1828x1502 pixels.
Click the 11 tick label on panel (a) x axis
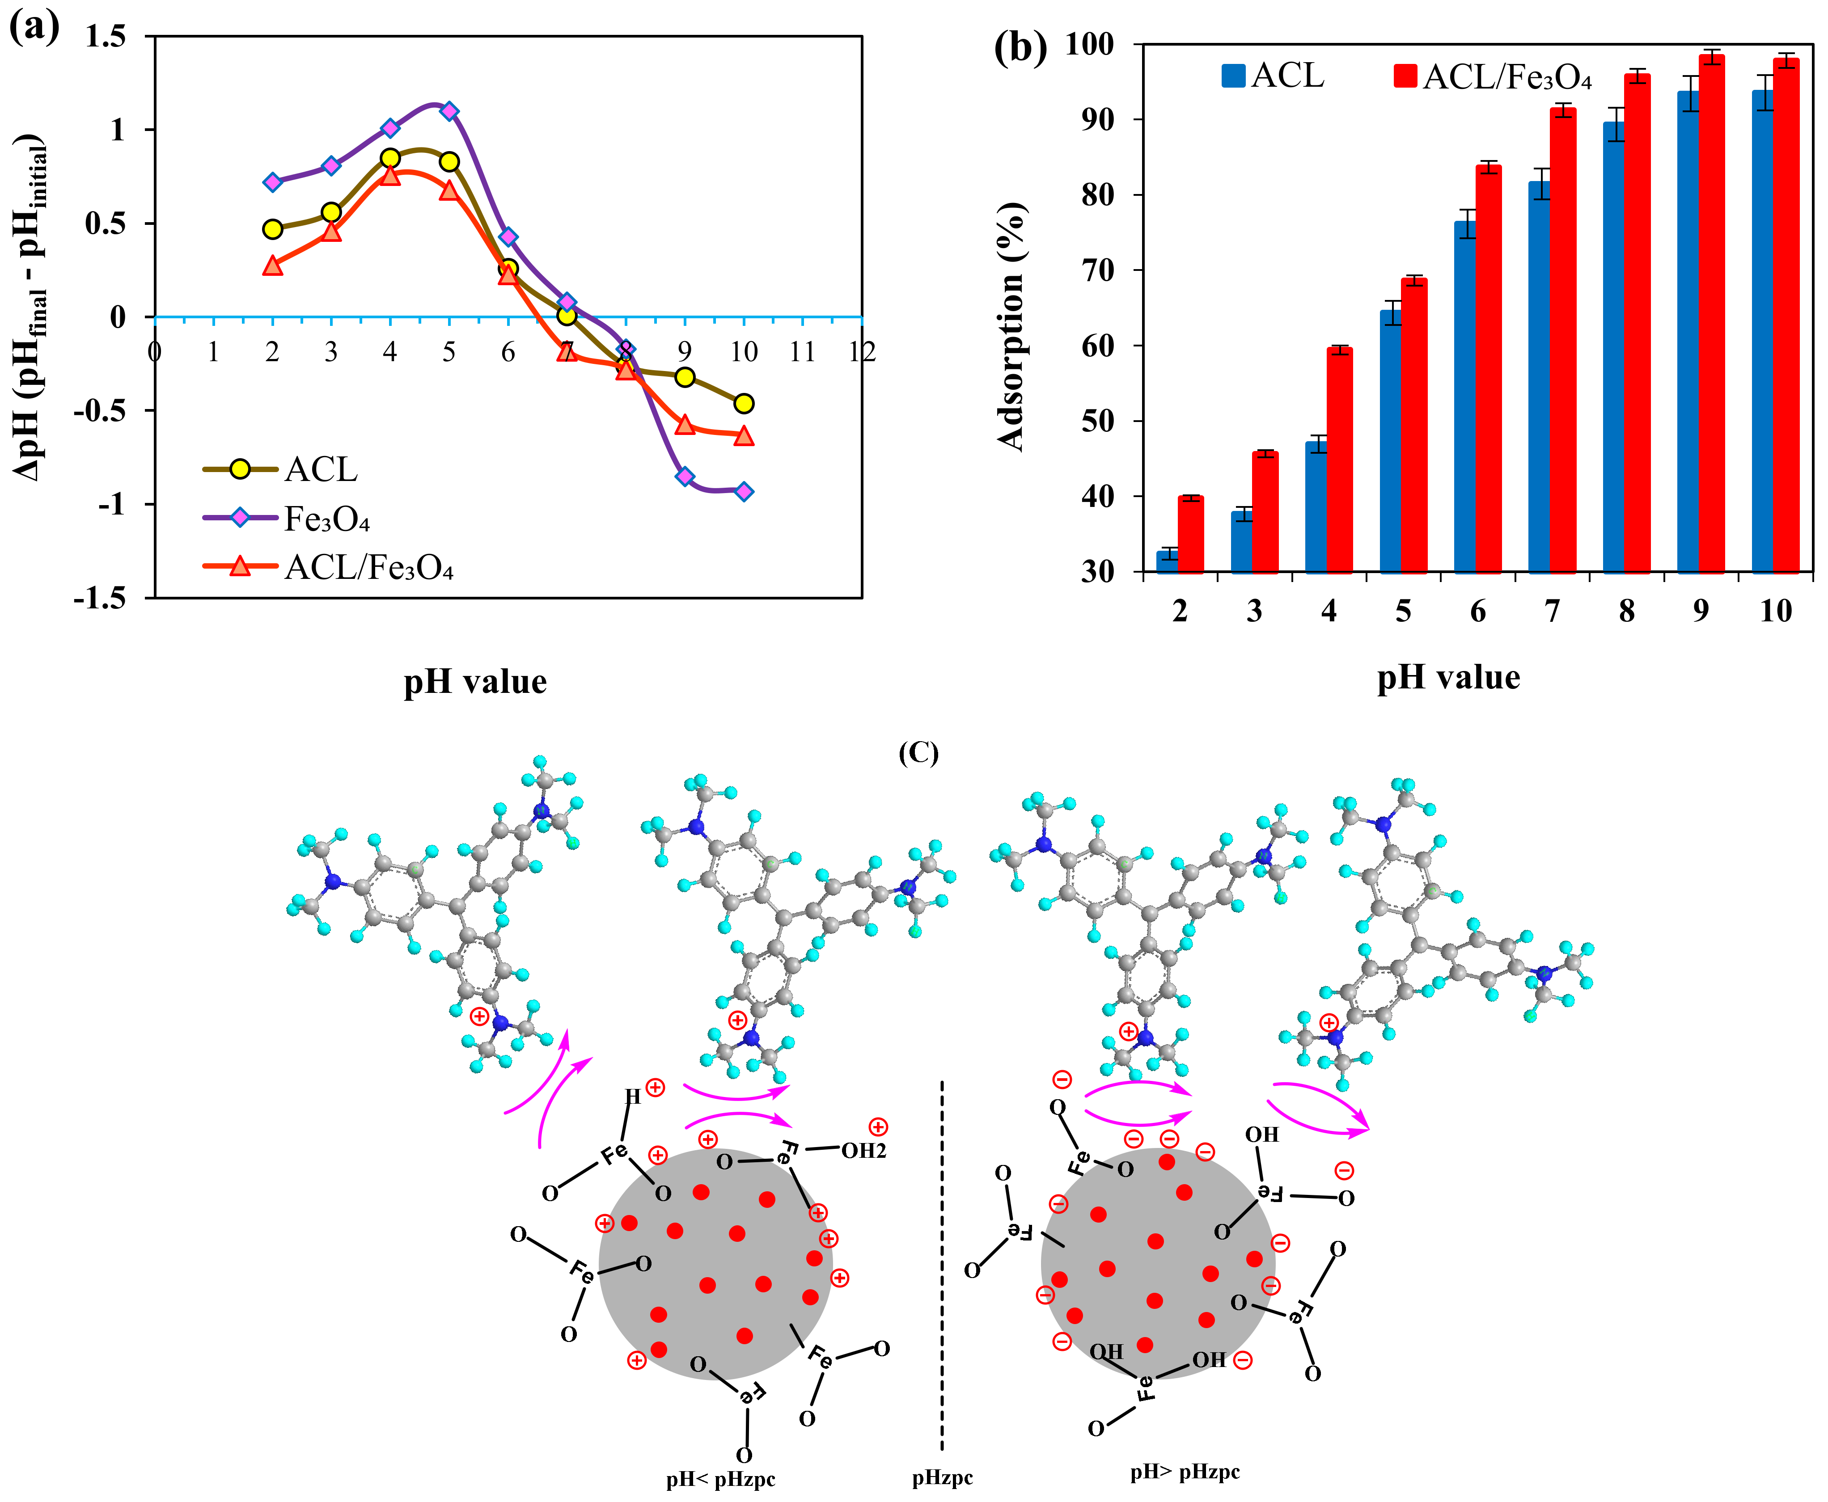[x=802, y=351]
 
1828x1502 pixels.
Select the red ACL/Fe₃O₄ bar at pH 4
[x=1340, y=460]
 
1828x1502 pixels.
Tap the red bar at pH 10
[x=1786, y=315]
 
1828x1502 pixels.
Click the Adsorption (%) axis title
[x=1011, y=327]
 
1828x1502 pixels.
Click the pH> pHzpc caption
[x=1185, y=1472]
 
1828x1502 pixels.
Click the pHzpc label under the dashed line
[x=943, y=1479]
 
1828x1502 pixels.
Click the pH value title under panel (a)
[x=475, y=682]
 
